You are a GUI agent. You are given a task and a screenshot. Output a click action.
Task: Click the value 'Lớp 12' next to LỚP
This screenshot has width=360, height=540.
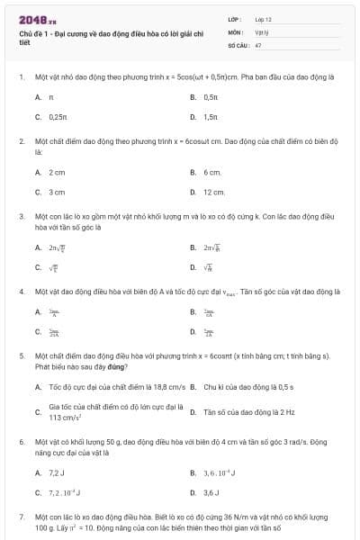(263, 19)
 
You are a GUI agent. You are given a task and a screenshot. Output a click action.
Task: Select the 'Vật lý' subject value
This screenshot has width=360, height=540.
(261, 31)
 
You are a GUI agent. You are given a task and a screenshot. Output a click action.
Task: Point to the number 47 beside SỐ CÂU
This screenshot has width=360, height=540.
(258, 44)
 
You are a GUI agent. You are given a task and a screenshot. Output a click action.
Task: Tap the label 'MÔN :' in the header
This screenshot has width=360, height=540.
(236, 31)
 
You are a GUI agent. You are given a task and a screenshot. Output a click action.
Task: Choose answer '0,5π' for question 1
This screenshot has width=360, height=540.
(211, 96)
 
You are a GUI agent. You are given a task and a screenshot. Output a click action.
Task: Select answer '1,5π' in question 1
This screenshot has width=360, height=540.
(211, 117)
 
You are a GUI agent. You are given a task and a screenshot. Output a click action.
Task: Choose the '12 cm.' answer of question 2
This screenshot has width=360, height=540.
(214, 193)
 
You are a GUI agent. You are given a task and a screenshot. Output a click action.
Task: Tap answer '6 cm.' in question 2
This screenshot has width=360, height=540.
(212, 172)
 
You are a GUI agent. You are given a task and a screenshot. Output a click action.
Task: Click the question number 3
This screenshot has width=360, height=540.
(21, 217)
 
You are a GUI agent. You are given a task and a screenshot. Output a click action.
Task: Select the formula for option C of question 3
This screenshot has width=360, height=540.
(55, 267)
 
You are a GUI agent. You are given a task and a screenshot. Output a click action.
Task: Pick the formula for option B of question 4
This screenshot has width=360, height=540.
(209, 312)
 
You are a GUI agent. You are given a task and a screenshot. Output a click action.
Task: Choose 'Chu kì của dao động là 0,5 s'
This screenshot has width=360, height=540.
(243, 387)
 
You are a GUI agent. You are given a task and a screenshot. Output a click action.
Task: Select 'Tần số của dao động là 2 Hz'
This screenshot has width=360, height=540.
(243, 412)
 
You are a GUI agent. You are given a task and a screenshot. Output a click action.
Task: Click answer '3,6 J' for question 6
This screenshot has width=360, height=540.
(211, 492)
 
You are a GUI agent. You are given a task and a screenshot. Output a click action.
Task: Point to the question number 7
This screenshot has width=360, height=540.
(21, 517)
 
